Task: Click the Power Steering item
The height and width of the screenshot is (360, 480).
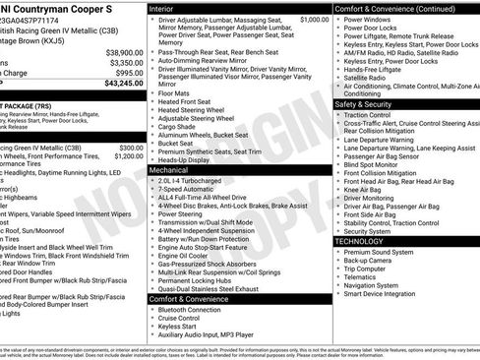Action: [x=186, y=213]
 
